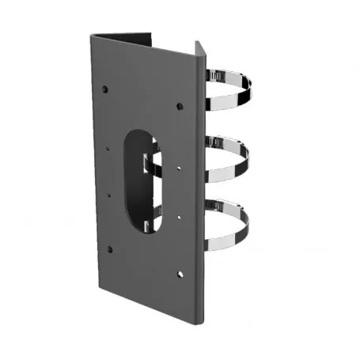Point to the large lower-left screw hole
109,249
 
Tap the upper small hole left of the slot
109,147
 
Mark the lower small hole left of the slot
110,192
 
